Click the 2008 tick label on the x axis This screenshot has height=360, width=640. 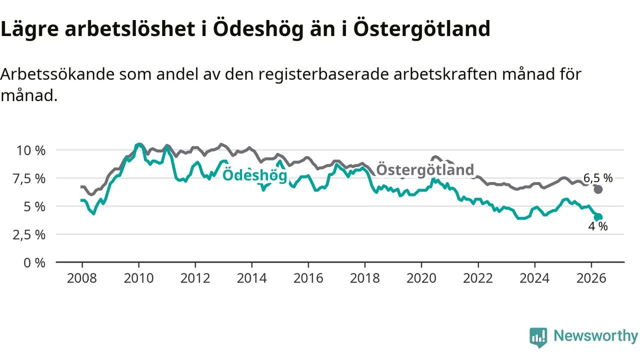tap(81, 278)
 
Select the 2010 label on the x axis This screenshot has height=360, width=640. tap(138, 278)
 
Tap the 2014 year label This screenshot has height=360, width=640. tap(251, 278)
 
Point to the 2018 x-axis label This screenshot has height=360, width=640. tap(365, 278)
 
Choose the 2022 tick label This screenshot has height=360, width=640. tap(477, 278)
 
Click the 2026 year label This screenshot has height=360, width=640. tap(591, 278)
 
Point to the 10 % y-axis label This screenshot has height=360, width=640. tap(31, 150)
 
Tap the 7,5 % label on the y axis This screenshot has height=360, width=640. tap(29, 179)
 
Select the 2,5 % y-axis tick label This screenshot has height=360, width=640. tap(29, 235)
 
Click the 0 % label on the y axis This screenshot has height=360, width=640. tap(34, 263)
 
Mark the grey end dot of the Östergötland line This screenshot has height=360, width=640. tap(598, 189)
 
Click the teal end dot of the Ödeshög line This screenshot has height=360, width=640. tap(598, 217)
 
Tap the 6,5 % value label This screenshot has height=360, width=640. tap(598, 178)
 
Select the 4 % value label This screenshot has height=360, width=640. tap(598, 226)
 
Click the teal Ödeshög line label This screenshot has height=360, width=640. tap(254, 175)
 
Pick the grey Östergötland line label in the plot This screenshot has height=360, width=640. tap(425, 169)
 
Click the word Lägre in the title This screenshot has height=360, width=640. tap(29, 29)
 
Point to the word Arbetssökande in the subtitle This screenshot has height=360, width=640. tap(57, 74)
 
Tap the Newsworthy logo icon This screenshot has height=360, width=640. tap(538, 337)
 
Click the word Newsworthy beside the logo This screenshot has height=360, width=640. tap(595, 336)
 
